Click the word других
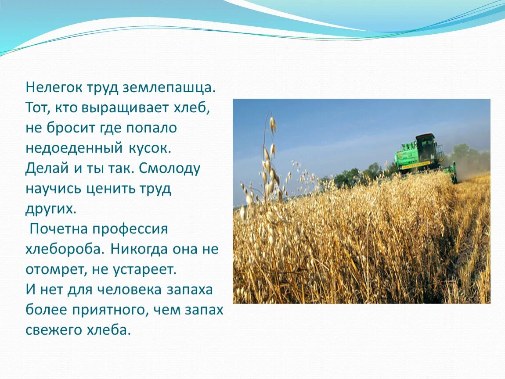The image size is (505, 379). tap(51, 209)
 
